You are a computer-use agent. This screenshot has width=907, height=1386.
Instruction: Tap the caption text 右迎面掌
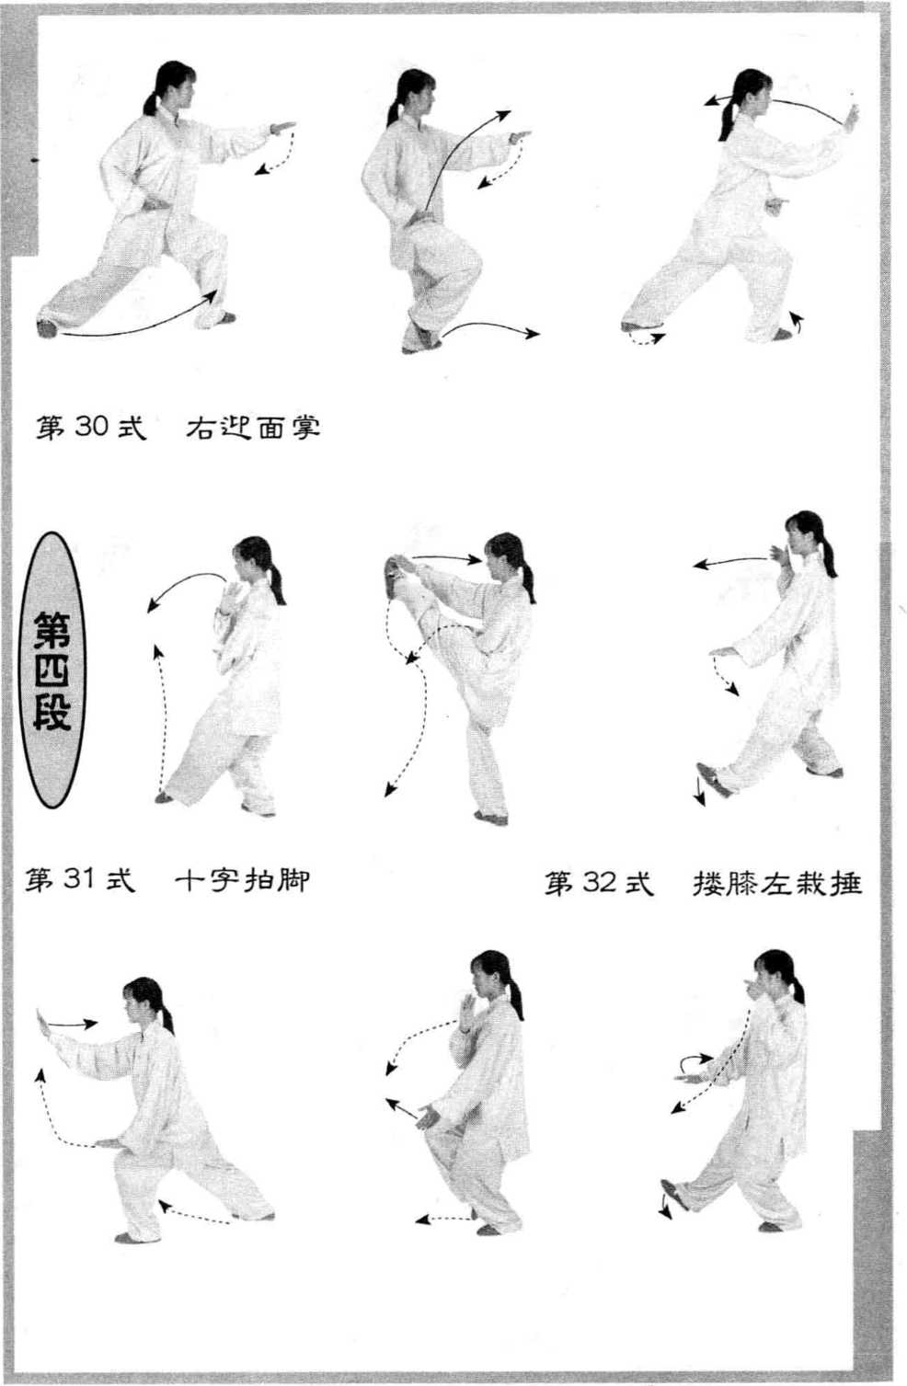(253, 427)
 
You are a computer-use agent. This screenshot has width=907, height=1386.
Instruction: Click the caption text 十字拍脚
(242, 879)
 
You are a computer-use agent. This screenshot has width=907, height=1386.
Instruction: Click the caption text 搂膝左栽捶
(777, 884)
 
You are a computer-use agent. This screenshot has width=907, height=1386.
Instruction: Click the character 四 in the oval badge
(52, 670)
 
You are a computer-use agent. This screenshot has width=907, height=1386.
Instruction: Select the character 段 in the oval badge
(52, 712)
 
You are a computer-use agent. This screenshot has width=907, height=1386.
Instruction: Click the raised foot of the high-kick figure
(392, 577)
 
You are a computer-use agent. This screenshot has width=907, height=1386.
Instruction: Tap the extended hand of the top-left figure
(282, 128)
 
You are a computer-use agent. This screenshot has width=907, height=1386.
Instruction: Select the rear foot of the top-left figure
(47, 328)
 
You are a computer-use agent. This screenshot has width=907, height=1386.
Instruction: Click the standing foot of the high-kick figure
(491, 818)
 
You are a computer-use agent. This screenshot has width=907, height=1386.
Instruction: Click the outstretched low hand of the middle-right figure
(722, 651)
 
